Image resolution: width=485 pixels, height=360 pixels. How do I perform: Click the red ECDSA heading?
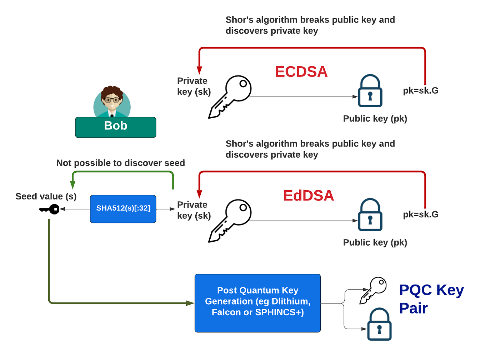click(301, 72)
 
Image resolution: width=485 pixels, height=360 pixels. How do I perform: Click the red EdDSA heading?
click(308, 196)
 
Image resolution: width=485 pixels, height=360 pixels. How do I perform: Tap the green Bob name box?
click(115, 127)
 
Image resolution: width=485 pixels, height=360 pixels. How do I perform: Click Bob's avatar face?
click(112, 100)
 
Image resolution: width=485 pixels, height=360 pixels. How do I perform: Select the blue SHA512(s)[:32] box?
click(123, 209)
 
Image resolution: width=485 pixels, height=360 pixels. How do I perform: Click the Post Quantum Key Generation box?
click(257, 303)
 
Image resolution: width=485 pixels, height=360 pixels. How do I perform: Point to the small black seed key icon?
click(50, 209)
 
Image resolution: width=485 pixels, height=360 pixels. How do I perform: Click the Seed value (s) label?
click(46, 196)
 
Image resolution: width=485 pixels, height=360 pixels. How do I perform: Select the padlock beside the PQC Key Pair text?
click(379, 324)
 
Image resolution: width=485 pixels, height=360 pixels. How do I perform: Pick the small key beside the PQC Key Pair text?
click(373, 290)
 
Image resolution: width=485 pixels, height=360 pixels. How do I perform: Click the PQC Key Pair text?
click(431, 299)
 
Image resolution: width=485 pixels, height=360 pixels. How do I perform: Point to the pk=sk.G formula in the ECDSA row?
click(420, 90)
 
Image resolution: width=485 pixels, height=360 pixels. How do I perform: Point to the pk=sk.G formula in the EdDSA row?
click(420, 214)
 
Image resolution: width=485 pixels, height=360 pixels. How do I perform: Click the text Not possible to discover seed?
click(120, 163)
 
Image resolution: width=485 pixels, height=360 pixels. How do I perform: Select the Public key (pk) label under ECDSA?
click(375, 119)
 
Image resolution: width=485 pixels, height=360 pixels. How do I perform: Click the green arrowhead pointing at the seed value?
click(72, 184)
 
